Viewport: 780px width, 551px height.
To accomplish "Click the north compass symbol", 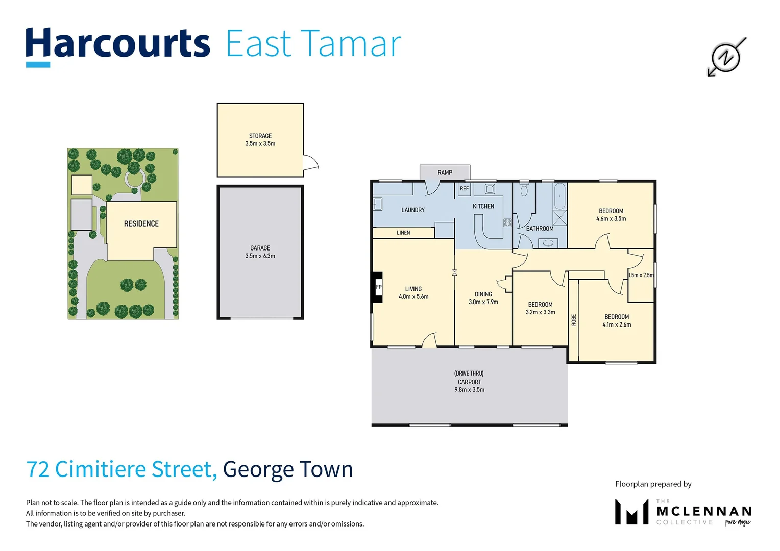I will tap(726, 57).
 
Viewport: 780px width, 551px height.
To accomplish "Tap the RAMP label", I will tap(445, 173).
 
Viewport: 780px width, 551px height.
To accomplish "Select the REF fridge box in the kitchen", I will tap(464, 189).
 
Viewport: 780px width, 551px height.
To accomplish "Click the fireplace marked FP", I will tap(378, 287).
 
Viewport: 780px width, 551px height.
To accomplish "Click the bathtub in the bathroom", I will tap(559, 196).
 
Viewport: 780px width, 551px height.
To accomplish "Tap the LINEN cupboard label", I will tap(403, 233).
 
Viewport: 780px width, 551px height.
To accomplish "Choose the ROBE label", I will tap(574, 320).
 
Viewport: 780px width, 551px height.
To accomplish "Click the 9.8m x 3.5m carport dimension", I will tap(469, 390).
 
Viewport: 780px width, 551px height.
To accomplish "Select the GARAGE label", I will tap(260, 248).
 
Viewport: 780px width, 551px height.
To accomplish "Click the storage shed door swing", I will tap(310, 162).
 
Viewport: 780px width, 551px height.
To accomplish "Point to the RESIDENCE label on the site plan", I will tap(141, 224).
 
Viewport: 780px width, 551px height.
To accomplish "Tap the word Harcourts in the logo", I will tap(118, 44).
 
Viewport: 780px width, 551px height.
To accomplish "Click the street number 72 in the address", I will tap(37, 469).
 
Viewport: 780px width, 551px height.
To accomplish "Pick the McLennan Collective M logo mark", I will tap(631, 512).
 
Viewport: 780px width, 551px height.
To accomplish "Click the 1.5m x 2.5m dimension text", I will tap(641, 275).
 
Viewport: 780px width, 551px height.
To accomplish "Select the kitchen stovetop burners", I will tap(507, 222).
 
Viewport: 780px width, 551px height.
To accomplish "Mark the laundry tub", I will tap(378, 204).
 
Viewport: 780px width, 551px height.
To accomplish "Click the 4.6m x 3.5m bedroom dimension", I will tap(611, 219).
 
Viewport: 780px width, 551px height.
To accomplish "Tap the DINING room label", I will tap(483, 294).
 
